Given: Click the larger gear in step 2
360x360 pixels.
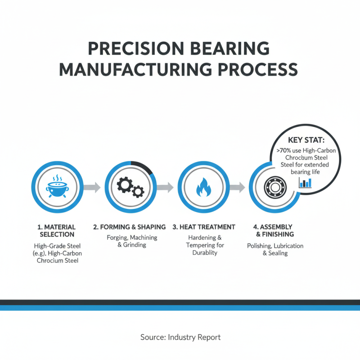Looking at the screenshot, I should pyautogui.click(x=125, y=184).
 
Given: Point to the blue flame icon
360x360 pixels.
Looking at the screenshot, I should pyautogui.click(x=202, y=187).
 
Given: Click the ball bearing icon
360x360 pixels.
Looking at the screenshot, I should pyautogui.click(x=273, y=186).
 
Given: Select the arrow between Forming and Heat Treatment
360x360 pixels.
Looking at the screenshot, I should pyautogui.click(x=164, y=187).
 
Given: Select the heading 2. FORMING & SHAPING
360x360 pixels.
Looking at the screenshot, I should pyautogui.click(x=129, y=227).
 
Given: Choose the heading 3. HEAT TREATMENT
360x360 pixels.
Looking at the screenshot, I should pyautogui.click(x=204, y=227).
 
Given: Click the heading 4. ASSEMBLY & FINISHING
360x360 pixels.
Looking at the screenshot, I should pyautogui.click(x=273, y=230).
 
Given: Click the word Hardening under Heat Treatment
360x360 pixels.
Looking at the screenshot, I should pyautogui.click(x=198, y=237).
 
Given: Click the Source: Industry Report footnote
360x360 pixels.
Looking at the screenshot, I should pyautogui.click(x=180, y=337).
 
